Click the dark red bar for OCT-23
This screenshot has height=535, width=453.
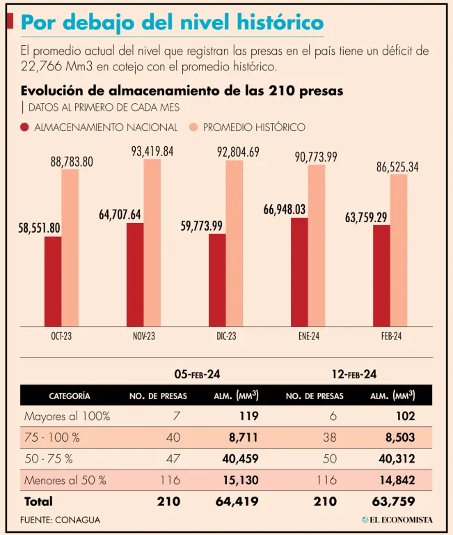point(53,281)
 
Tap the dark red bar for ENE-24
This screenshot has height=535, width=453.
point(299,272)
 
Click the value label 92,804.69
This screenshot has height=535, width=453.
point(235,152)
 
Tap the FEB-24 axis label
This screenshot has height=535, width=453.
point(391,336)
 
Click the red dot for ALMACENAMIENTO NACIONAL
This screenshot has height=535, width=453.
point(25,127)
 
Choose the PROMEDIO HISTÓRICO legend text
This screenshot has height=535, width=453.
point(254,127)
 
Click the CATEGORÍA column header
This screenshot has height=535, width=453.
point(69,396)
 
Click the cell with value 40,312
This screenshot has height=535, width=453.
point(397,459)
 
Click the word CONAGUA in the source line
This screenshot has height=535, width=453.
point(79,520)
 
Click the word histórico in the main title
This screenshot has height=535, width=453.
point(278,24)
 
